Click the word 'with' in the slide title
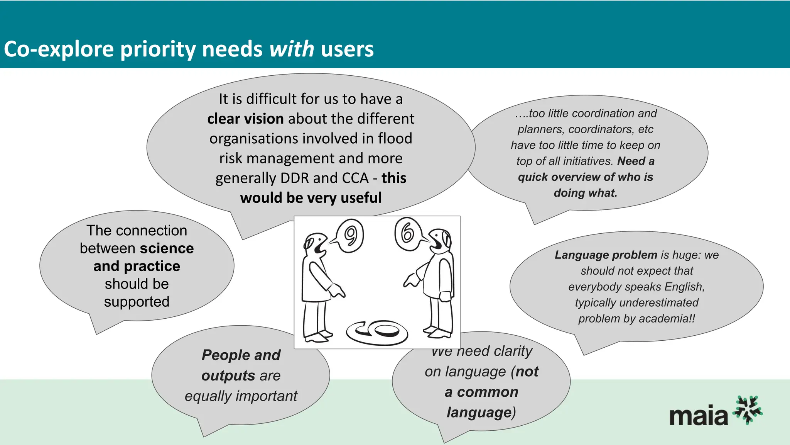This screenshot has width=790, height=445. (292, 49)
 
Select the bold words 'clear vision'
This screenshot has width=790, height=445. (245, 119)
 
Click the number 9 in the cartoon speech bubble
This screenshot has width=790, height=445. (351, 235)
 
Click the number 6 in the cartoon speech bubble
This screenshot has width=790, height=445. (407, 233)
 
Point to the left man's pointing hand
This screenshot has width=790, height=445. (338, 290)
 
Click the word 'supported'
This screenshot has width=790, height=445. (137, 302)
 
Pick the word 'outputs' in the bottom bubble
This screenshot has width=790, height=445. (228, 375)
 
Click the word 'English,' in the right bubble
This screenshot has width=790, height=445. (684, 287)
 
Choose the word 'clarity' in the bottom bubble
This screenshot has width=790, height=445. (513, 351)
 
